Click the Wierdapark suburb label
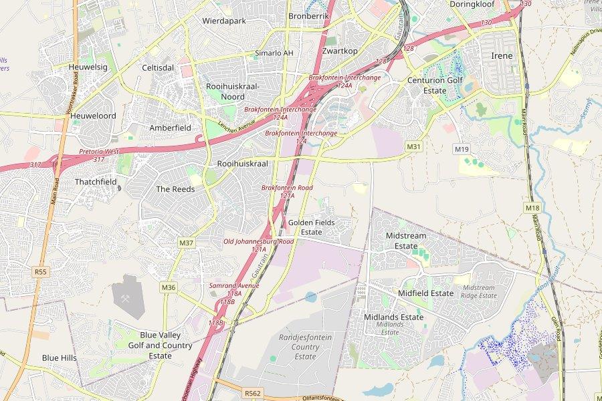224,21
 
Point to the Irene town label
502,55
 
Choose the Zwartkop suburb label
339,51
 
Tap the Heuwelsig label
88,67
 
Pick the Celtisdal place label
158,68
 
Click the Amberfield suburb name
170,128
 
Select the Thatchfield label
96,182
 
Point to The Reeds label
175,189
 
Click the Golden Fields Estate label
311,227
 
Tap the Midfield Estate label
425,293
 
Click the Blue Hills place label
60,358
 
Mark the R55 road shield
41,271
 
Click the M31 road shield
413,146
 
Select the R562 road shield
253,393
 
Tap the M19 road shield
462,149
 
